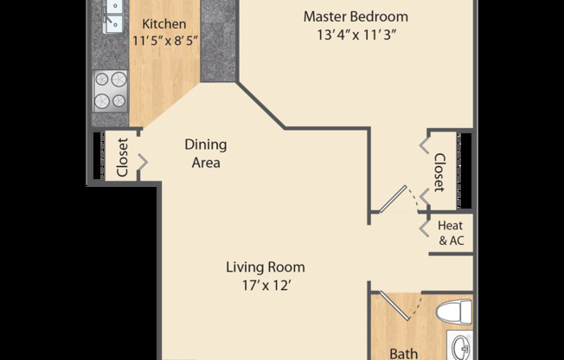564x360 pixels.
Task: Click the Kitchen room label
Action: [163, 23]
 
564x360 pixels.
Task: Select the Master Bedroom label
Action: [356, 16]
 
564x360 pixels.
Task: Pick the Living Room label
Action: [266, 267]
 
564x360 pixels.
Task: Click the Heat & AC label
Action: [451, 234]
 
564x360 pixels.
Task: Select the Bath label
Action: [403, 353]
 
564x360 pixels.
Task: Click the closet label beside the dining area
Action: [122, 157]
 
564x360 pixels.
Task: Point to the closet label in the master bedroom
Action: [439, 173]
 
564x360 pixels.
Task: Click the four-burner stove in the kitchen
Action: [110, 90]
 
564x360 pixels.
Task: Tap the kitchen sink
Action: [112, 17]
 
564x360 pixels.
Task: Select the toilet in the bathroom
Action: [453, 312]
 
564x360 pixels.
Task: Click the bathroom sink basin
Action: [459, 346]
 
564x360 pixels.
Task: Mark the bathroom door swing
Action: [399, 307]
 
